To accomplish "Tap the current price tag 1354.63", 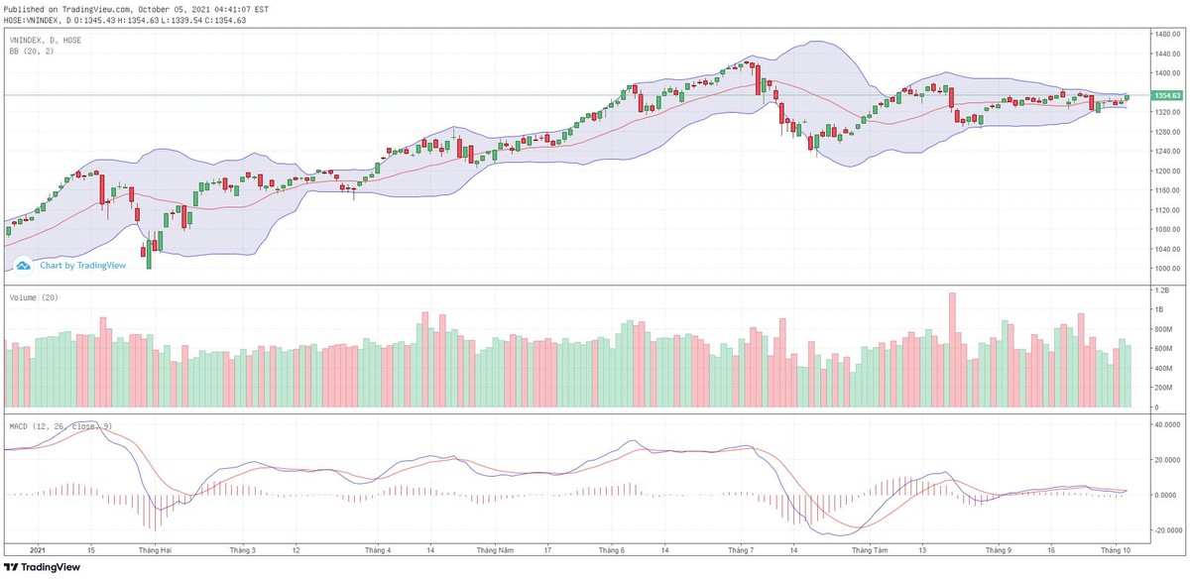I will coord(1166,95).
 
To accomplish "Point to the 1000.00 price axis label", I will coord(1159,269).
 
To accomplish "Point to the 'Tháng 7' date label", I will coord(742,548).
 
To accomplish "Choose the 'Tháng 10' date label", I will coord(1117,548).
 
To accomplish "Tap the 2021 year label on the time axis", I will coord(38,548).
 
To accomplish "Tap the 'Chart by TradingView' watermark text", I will coord(82,265).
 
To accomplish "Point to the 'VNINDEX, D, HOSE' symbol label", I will coord(46,40).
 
